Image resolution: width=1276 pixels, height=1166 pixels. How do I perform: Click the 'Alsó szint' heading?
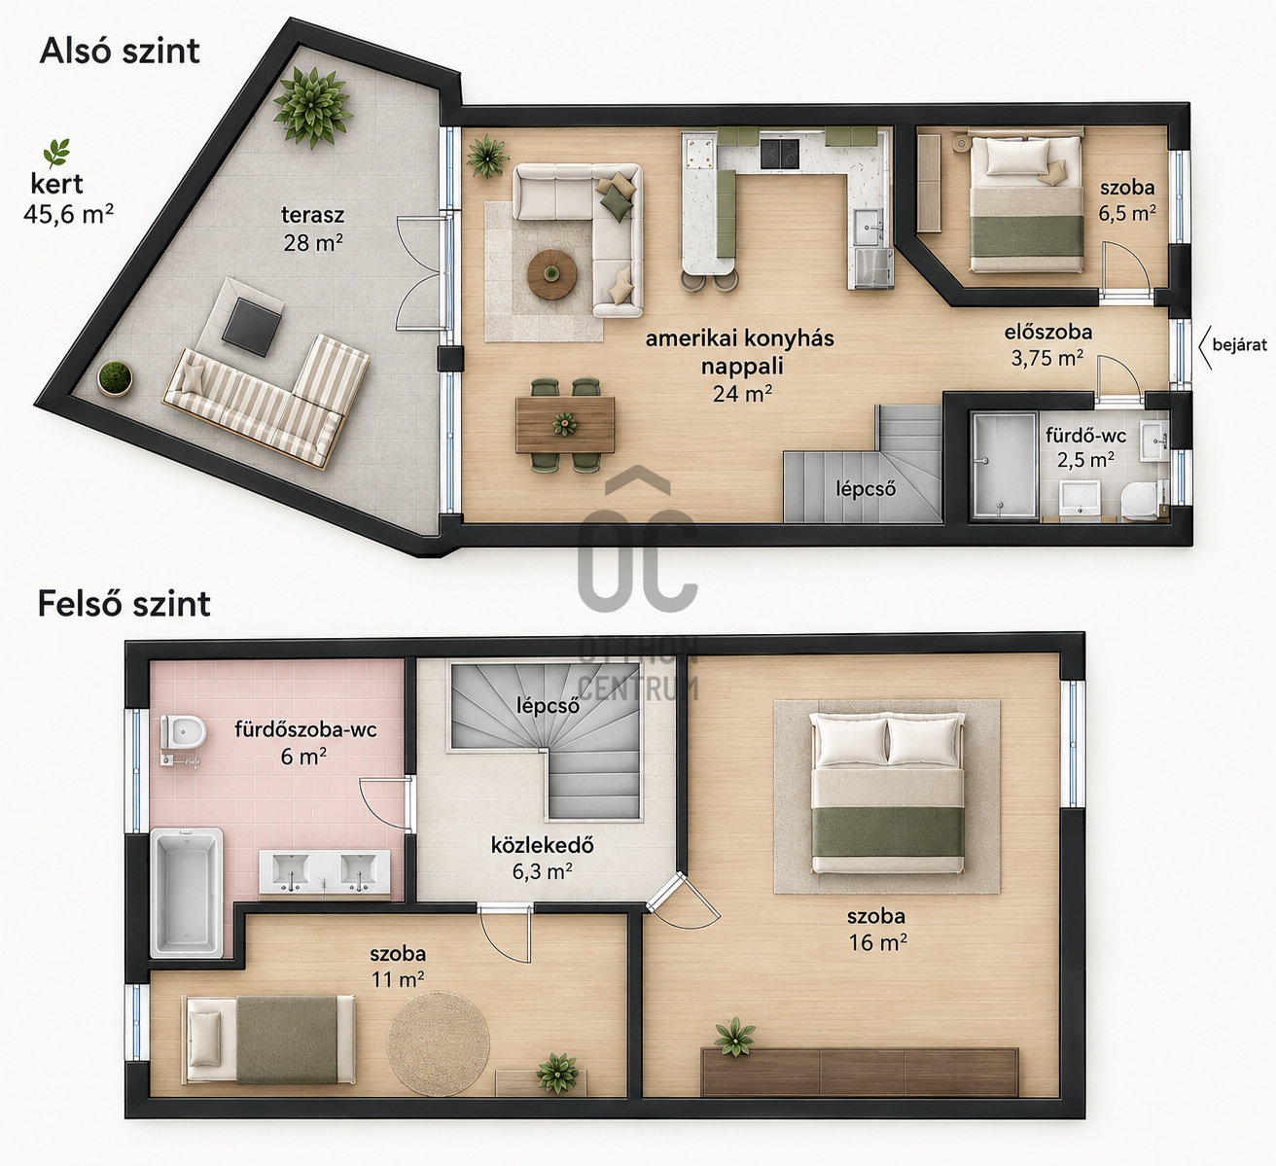point(120,51)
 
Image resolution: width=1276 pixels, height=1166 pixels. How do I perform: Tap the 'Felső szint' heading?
point(124,603)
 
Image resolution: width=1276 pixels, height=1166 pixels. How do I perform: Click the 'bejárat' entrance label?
point(1240,345)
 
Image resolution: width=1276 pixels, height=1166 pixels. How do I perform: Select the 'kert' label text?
point(56,184)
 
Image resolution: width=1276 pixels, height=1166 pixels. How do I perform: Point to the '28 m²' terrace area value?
point(313,242)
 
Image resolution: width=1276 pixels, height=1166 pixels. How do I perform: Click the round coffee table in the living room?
point(552,274)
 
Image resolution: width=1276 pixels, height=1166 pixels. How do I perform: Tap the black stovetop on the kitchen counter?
point(780,154)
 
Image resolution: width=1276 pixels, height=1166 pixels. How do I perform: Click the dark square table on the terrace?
point(253,327)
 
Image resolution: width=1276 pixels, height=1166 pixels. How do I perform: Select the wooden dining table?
point(565,424)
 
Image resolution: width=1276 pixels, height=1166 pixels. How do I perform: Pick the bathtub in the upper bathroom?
point(187,892)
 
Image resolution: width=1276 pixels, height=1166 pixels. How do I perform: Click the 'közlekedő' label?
point(542,845)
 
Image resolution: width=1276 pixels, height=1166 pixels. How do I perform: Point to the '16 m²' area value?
point(877,942)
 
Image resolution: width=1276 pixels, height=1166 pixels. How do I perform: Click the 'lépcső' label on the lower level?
point(866,488)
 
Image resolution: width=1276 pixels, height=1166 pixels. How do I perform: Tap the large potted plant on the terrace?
point(312,107)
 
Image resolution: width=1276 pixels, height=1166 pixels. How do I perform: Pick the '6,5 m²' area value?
point(1127,212)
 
